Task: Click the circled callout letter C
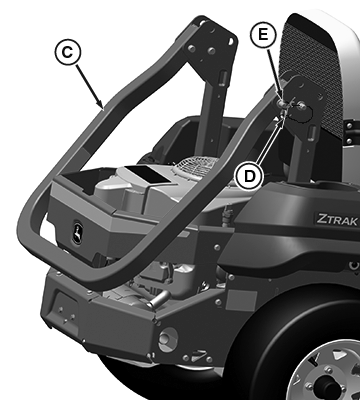coord(68,52)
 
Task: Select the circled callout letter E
coord(263,34)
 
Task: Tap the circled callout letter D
coord(249,176)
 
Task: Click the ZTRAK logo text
coord(337,220)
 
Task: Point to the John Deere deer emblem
coord(78,232)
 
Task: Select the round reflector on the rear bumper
coord(168,339)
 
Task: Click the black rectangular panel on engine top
coord(147,173)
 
